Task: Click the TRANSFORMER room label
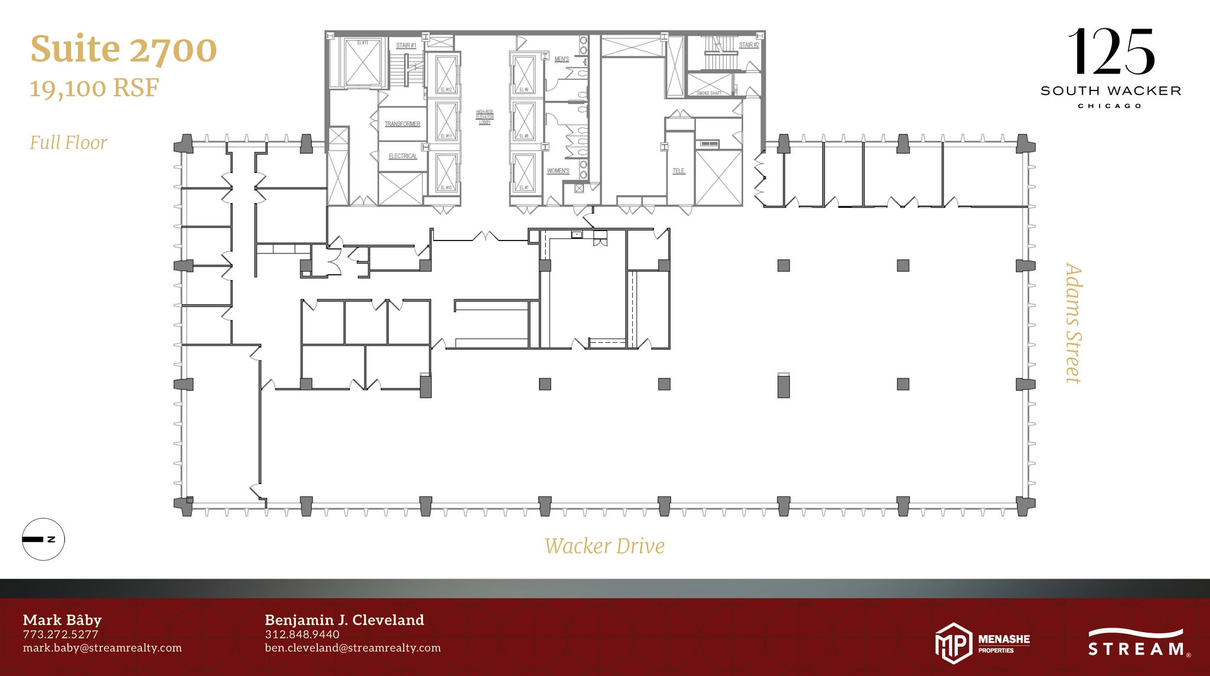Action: coord(402,124)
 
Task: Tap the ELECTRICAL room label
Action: coord(402,156)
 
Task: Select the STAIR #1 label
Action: coord(406,45)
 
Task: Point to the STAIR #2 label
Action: coord(749,45)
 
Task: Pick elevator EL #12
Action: coord(446,73)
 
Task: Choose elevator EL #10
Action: coord(446,172)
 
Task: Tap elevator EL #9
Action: coord(523,74)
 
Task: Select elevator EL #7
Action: coord(523,172)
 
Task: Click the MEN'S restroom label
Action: coord(561,59)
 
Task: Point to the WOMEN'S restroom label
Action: coord(558,171)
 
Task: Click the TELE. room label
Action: coord(678,171)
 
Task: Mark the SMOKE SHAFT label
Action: coord(708,93)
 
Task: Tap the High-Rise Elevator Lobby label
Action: coord(484,117)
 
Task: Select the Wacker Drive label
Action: coord(604,546)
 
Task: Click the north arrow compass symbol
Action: coord(43,539)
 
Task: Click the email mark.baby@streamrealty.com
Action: coord(102,648)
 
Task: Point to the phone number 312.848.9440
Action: coord(302,634)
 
